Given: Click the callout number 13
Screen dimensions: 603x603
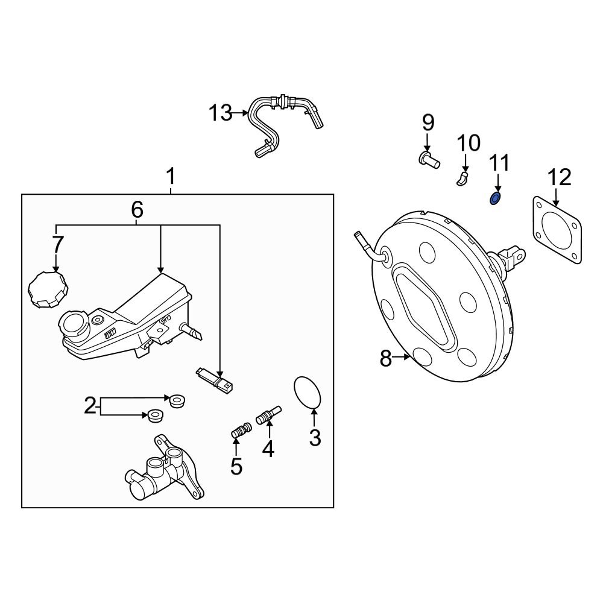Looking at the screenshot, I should click(220, 112).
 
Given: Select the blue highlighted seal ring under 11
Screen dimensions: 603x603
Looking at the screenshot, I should click(495, 198).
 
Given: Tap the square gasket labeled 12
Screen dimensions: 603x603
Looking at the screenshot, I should click(557, 230).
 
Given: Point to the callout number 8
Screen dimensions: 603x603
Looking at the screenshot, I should click(386, 359).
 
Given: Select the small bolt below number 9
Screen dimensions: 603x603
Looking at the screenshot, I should click(428, 160).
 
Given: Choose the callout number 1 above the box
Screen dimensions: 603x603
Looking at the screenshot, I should click(171, 177).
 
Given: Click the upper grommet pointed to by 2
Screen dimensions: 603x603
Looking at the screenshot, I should click(177, 400).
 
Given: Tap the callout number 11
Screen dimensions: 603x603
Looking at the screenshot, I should click(499, 163).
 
